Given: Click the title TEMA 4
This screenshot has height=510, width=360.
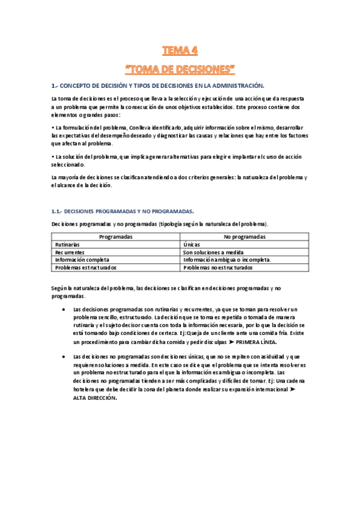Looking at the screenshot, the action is [180, 50].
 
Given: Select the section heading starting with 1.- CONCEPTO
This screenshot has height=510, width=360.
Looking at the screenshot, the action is [157, 86].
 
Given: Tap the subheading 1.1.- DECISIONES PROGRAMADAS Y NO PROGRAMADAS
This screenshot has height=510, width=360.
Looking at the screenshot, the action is [123, 212].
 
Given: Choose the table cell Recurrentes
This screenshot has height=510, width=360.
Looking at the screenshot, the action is [70, 253].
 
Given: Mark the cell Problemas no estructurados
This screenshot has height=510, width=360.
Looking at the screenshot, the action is [218, 268].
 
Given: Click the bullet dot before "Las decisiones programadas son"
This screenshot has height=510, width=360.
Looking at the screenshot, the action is [64, 309].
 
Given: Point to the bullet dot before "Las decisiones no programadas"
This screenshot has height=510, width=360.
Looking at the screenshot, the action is [64, 357].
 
